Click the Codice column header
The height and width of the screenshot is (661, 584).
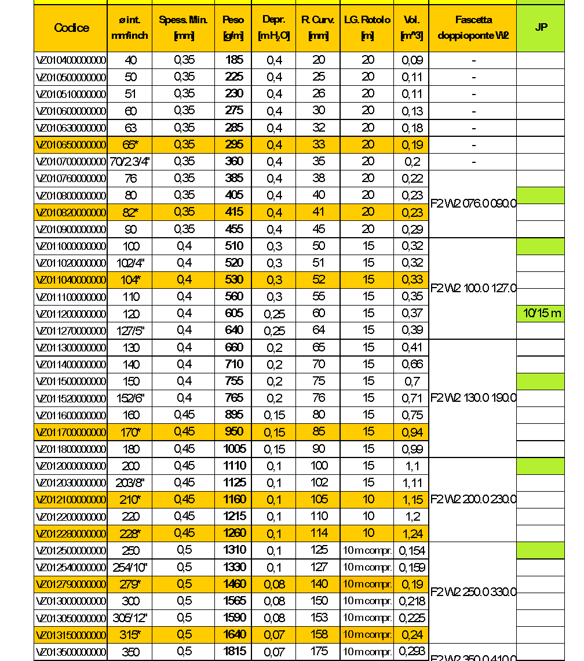pyautogui.click(x=71, y=28)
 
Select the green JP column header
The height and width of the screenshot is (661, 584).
pyautogui.click(x=541, y=27)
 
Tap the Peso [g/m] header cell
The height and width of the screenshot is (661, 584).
pyautogui.click(x=233, y=28)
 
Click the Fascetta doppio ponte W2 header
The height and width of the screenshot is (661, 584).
pyautogui.click(x=473, y=28)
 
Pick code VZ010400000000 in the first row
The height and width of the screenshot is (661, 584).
pyautogui.click(x=71, y=60)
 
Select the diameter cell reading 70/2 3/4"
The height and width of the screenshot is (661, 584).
pyautogui.click(x=130, y=161)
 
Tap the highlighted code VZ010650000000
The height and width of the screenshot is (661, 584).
pyautogui.click(x=71, y=144)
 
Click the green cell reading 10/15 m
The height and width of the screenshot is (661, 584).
pyautogui.click(x=541, y=314)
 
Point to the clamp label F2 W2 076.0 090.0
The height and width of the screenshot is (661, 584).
pyautogui.click(x=473, y=204)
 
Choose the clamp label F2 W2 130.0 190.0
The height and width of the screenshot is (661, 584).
pyautogui.click(x=473, y=398)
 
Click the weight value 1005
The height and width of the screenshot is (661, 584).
pyautogui.click(x=234, y=449)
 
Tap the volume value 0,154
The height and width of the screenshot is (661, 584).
pyautogui.click(x=411, y=550)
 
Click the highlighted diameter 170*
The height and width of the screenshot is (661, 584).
pyautogui.click(x=131, y=432)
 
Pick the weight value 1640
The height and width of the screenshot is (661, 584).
pyautogui.click(x=234, y=634)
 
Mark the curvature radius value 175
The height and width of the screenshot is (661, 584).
pyautogui.click(x=319, y=651)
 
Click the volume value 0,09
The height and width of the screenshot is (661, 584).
pyautogui.click(x=412, y=60)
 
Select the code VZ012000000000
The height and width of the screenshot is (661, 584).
pyautogui.click(x=71, y=466)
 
